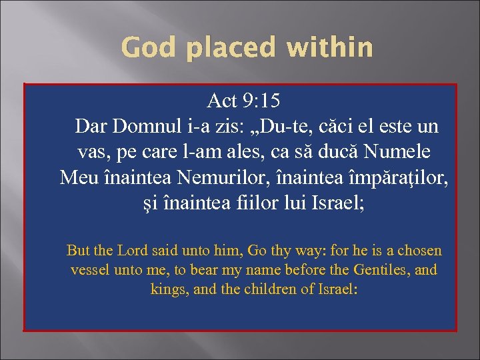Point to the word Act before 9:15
223,101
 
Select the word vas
92,151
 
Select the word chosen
419,251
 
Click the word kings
169,289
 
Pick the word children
269,289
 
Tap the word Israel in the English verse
338,289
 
